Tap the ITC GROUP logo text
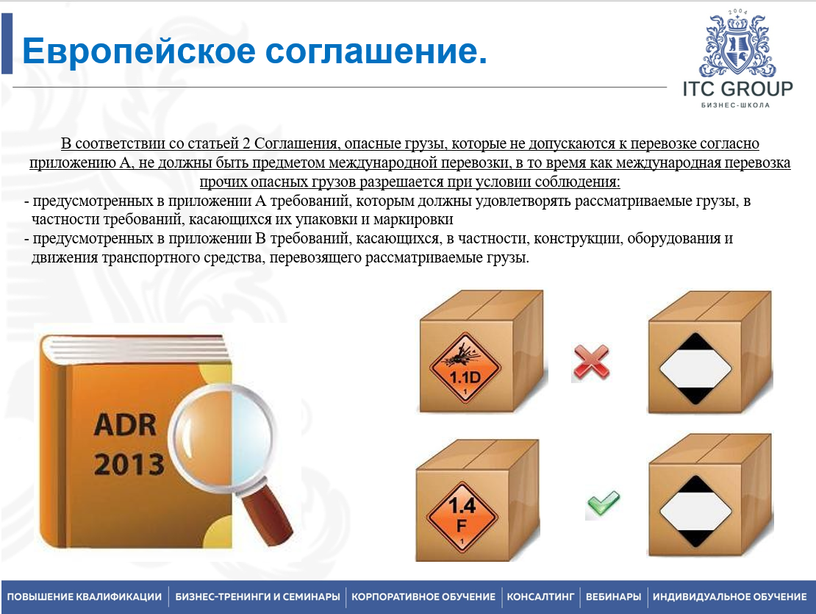pos(737,89)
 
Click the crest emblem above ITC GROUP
pos(737,43)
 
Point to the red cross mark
pos(590,363)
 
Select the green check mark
pos(603,503)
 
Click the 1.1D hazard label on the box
pos(465,367)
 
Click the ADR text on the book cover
pos(126,424)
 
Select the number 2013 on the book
pos(129,463)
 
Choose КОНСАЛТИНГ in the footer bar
pos(541,597)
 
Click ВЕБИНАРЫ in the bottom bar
pos(614,597)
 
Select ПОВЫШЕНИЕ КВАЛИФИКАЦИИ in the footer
pos(85,597)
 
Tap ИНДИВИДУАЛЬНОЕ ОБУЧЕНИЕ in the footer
pos(729,597)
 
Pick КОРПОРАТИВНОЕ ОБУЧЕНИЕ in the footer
pos(423,597)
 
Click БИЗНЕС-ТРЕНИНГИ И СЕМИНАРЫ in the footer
pos(257,597)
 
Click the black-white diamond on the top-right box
pos(695,369)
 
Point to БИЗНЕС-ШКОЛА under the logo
pos(735,105)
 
